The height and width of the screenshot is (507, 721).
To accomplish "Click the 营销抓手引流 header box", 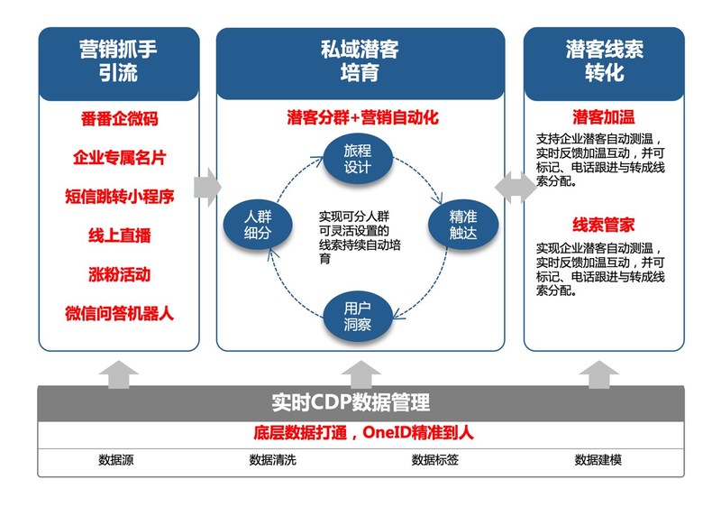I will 118,60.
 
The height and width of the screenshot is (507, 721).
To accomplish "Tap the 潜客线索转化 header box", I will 604,60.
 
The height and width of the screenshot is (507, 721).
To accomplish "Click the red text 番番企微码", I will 119,119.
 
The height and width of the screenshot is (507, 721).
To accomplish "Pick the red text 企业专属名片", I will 119,158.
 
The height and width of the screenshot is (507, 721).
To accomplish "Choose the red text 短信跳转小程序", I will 119,197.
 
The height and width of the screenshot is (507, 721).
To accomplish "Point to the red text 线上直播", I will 119,235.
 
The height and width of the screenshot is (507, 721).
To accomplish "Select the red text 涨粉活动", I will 119,274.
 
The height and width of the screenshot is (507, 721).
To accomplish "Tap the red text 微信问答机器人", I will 119,313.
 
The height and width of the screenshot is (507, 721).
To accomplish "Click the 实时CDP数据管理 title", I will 351,401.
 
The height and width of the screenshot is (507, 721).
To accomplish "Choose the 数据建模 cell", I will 598,459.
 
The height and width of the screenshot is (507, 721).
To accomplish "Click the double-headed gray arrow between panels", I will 514,184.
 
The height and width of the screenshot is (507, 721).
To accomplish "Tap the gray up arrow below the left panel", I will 118,373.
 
